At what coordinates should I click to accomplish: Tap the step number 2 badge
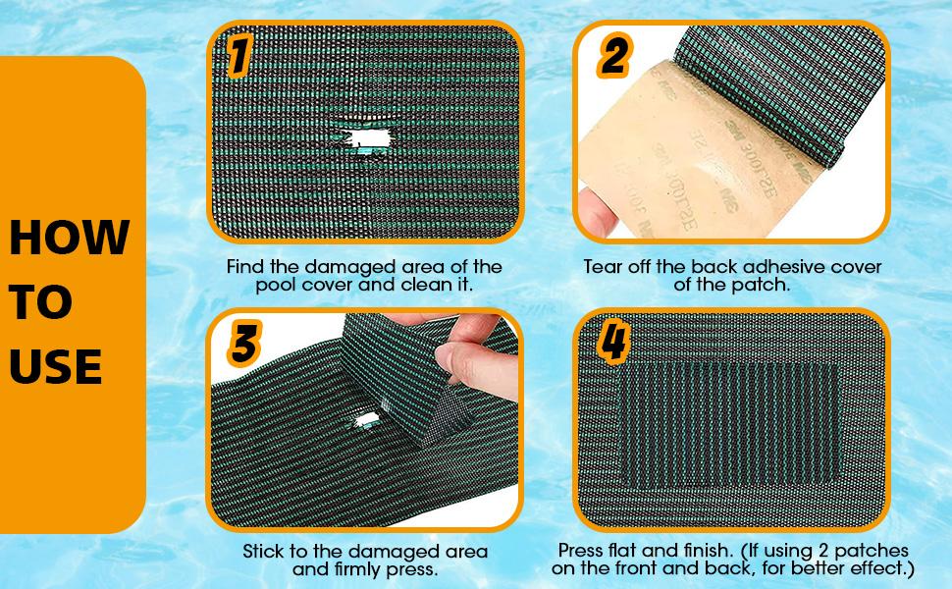[613, 58]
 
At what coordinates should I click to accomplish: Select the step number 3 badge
[244, 345]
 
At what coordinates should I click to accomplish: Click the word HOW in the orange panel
[69, 238]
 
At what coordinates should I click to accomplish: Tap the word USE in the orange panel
[56, 367]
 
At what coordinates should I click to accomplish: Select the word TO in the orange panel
[40, 303]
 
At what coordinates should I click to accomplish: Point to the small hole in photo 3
[369, 420]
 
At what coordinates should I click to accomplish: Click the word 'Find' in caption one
[245, 267]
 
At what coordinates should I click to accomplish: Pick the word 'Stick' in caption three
[264, 553]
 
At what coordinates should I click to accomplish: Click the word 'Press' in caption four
[581, 551]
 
